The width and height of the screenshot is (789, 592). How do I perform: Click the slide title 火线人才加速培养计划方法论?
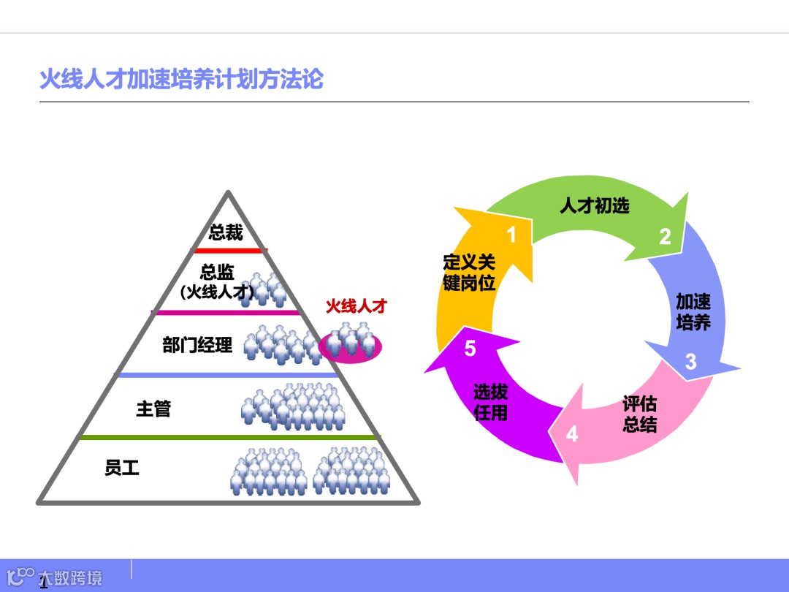181,79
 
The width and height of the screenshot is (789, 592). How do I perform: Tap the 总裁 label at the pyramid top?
226,233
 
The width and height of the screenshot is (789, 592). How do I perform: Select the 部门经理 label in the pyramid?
197,345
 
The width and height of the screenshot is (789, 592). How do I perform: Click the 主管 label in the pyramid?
153,409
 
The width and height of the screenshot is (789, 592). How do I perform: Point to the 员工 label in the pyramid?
122,468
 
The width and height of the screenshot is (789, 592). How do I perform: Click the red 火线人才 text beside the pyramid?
356,306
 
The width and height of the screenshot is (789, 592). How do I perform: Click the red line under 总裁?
228,250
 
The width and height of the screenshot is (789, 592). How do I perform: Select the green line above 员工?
229,437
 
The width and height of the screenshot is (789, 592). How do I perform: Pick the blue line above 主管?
228,375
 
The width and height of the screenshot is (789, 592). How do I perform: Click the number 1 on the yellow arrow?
511,235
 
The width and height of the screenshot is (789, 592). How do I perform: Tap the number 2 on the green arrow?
665,237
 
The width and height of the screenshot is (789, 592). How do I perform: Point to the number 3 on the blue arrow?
690,362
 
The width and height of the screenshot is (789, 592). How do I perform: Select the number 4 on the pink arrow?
572,434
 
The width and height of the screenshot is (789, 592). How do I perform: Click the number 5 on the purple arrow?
470,349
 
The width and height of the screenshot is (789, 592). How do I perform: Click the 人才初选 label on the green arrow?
594,206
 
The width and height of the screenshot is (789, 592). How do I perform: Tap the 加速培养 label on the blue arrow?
693,312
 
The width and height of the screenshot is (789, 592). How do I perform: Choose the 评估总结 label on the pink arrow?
639,414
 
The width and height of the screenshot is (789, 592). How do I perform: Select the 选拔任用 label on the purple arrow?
490,402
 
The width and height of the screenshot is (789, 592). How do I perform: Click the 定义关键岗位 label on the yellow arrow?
469,273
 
